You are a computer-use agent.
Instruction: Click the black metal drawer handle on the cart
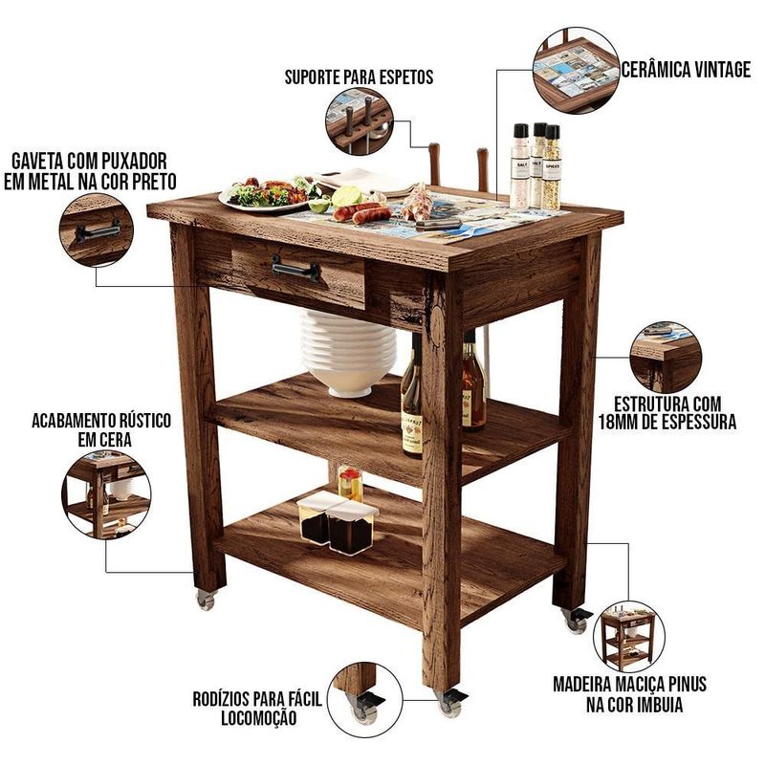[x=295, y=268]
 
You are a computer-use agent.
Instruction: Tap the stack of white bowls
[x=348, y=351]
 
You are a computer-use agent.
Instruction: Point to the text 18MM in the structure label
[x=623, y=422]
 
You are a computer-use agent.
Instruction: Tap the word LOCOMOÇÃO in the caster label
[x=258, y=718]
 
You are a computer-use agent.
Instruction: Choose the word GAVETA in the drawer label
[x=37, y=161]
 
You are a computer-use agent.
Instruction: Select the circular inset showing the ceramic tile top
[x=577, y=71]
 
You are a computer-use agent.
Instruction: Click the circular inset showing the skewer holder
[x=360, y=121]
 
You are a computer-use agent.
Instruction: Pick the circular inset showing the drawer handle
[x=97, y=229]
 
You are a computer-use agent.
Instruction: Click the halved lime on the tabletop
[x=346, y=196]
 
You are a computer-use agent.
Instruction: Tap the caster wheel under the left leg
[x=207, y=601]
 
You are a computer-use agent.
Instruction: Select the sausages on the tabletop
[x=362, y=212]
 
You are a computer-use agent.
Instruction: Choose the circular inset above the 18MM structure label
[x=666, y=357]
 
